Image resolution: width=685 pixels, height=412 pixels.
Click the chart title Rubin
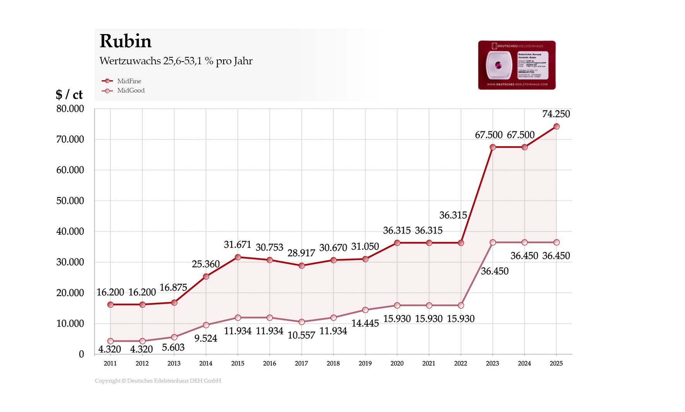click(x=125, y=41)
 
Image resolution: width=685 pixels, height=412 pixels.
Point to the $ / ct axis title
click(x=69, y=94)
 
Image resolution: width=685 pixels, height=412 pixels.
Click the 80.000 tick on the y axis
click(x=70, y=109)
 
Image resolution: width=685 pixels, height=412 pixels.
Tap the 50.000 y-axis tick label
click(x=70, y=201)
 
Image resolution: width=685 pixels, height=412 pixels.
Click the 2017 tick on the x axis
click(x=301, y=363)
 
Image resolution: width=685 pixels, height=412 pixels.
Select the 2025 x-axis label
click(x=556, y=363)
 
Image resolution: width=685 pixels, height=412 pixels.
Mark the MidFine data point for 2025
click(x=557, y=127)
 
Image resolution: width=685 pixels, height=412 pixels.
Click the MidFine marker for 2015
click(x=238, y=257)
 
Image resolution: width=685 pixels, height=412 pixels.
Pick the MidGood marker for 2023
click(x=493, y=242)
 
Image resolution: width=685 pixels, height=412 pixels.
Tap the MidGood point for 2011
click(x=111, y=341)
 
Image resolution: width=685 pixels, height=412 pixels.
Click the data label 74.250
click(x=556, y=114)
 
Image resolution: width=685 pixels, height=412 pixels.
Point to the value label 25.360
click(x=206, y=264)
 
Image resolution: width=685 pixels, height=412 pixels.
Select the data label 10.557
click(x=301, y=335)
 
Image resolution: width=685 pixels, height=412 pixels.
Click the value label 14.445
click(x=365, y=323)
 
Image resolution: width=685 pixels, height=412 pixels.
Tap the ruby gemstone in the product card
click(x=498, y=65)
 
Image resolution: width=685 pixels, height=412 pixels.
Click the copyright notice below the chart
click(x=158, y=381)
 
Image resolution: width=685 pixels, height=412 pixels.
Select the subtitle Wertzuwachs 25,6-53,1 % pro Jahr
click(x=176, y=61)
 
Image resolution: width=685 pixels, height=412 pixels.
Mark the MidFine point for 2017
click(x=302, y=266)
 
